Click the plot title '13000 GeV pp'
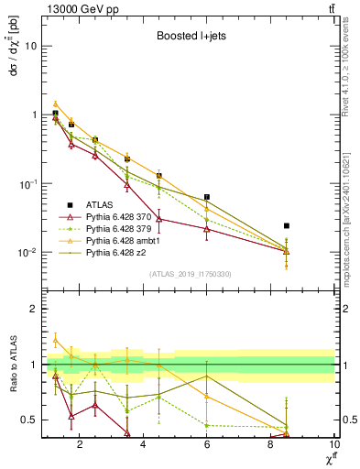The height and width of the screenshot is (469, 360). pyautogui.click(x=80, y=8)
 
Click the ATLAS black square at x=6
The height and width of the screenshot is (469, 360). pyautogui.click(x=207, y=197)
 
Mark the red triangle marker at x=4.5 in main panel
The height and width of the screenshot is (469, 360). pyautogui.click(x=159, y=218)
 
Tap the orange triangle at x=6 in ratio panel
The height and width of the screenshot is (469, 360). pyautogui.click(x=207, y=396)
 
